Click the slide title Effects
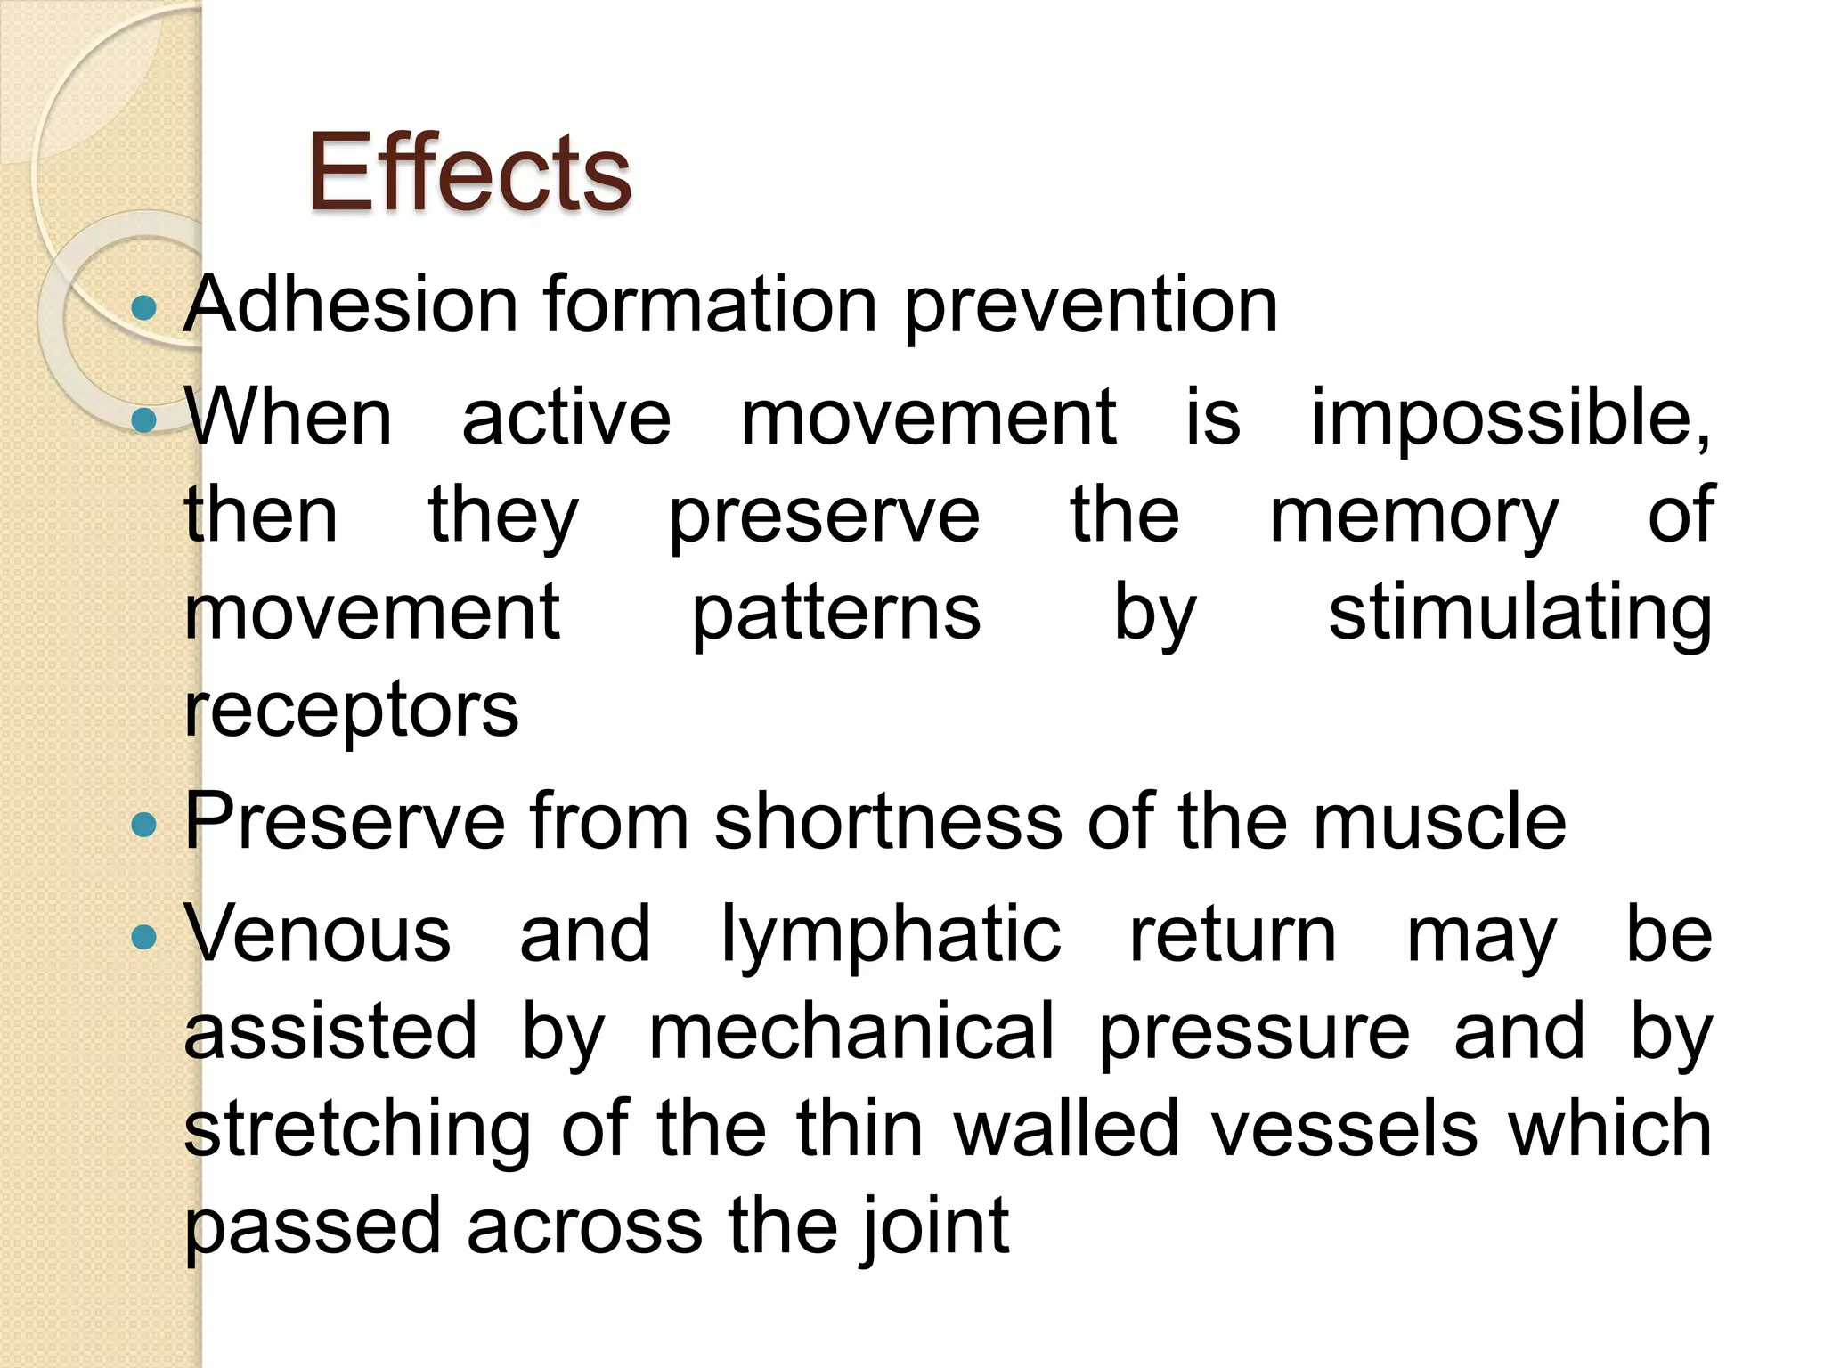point(469,172)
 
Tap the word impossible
point(1510,419)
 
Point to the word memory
point(1413,517)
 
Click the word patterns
point(836,615)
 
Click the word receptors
point(351,712)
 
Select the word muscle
point(1439,821)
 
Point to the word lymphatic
point(891,935)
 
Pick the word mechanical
point(851,1031)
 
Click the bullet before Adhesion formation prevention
point(143,309)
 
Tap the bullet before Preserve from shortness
point(143,825)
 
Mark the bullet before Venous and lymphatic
point(143,937)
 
